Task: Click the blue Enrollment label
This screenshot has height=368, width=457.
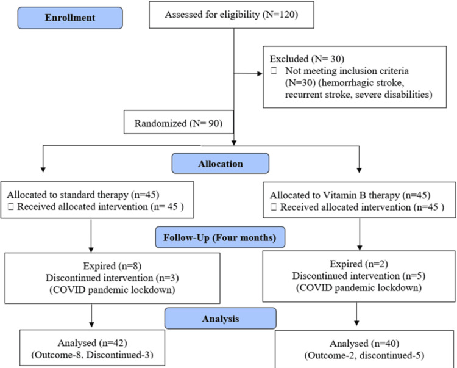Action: [x=70, y=18]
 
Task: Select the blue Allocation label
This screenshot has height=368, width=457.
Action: [x=221, y=164]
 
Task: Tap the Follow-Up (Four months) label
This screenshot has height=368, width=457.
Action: [x=220, y=237]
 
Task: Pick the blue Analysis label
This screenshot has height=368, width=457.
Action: [x=221, y=319]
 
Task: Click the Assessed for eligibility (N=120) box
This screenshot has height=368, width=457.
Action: [x=232, y=15]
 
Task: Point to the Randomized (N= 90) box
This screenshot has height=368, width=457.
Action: [x=179, y=122]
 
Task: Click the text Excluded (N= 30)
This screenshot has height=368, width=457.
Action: [x=307, y=59]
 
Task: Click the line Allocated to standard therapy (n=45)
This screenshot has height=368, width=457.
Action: [x=83, y=195]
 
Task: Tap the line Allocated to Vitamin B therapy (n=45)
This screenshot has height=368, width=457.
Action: [x=350, y=195]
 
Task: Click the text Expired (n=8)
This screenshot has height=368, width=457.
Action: [x=112, y=266]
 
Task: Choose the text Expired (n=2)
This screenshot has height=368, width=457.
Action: [x=359, y=264]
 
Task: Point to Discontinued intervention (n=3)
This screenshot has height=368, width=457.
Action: [x=112, y=278]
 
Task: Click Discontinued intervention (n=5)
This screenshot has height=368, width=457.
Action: [x=359, y=276]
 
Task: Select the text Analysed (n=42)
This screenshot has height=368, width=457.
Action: [x=93, y=343]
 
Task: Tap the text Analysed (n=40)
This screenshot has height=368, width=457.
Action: [x=364, y=344]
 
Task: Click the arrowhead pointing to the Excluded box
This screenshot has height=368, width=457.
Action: [x=260, y=74]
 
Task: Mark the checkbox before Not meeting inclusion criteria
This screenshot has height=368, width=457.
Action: [x=274, y=71]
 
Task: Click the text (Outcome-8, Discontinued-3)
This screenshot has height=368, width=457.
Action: [x=93, y=355]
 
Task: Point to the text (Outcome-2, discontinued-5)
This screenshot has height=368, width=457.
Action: [x=364, y=355]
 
